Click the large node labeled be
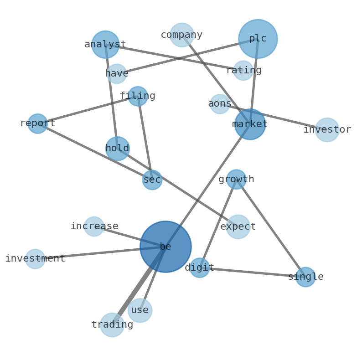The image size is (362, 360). (x=165, y=247)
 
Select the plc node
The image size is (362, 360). (x=258, y=39)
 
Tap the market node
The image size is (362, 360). (x=250, y=124)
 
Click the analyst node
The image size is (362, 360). (x=105, y=45)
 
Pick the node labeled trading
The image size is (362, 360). (x=112, y=325)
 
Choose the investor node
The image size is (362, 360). (x=327, y=130)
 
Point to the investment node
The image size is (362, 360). (x=35, y=259)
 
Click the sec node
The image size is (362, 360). (x=152, y=180)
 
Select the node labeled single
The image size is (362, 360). (x=305, y=277)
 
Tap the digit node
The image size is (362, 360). (x=200, y=268)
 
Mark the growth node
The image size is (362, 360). (x=236, y=180)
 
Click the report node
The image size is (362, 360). (x=37, y=123)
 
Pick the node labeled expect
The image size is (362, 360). (x=238, y=227)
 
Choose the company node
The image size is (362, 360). (x=182, y=35)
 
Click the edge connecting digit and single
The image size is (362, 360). (x=253, y=273)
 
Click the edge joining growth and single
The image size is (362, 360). (x=271, y=228)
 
